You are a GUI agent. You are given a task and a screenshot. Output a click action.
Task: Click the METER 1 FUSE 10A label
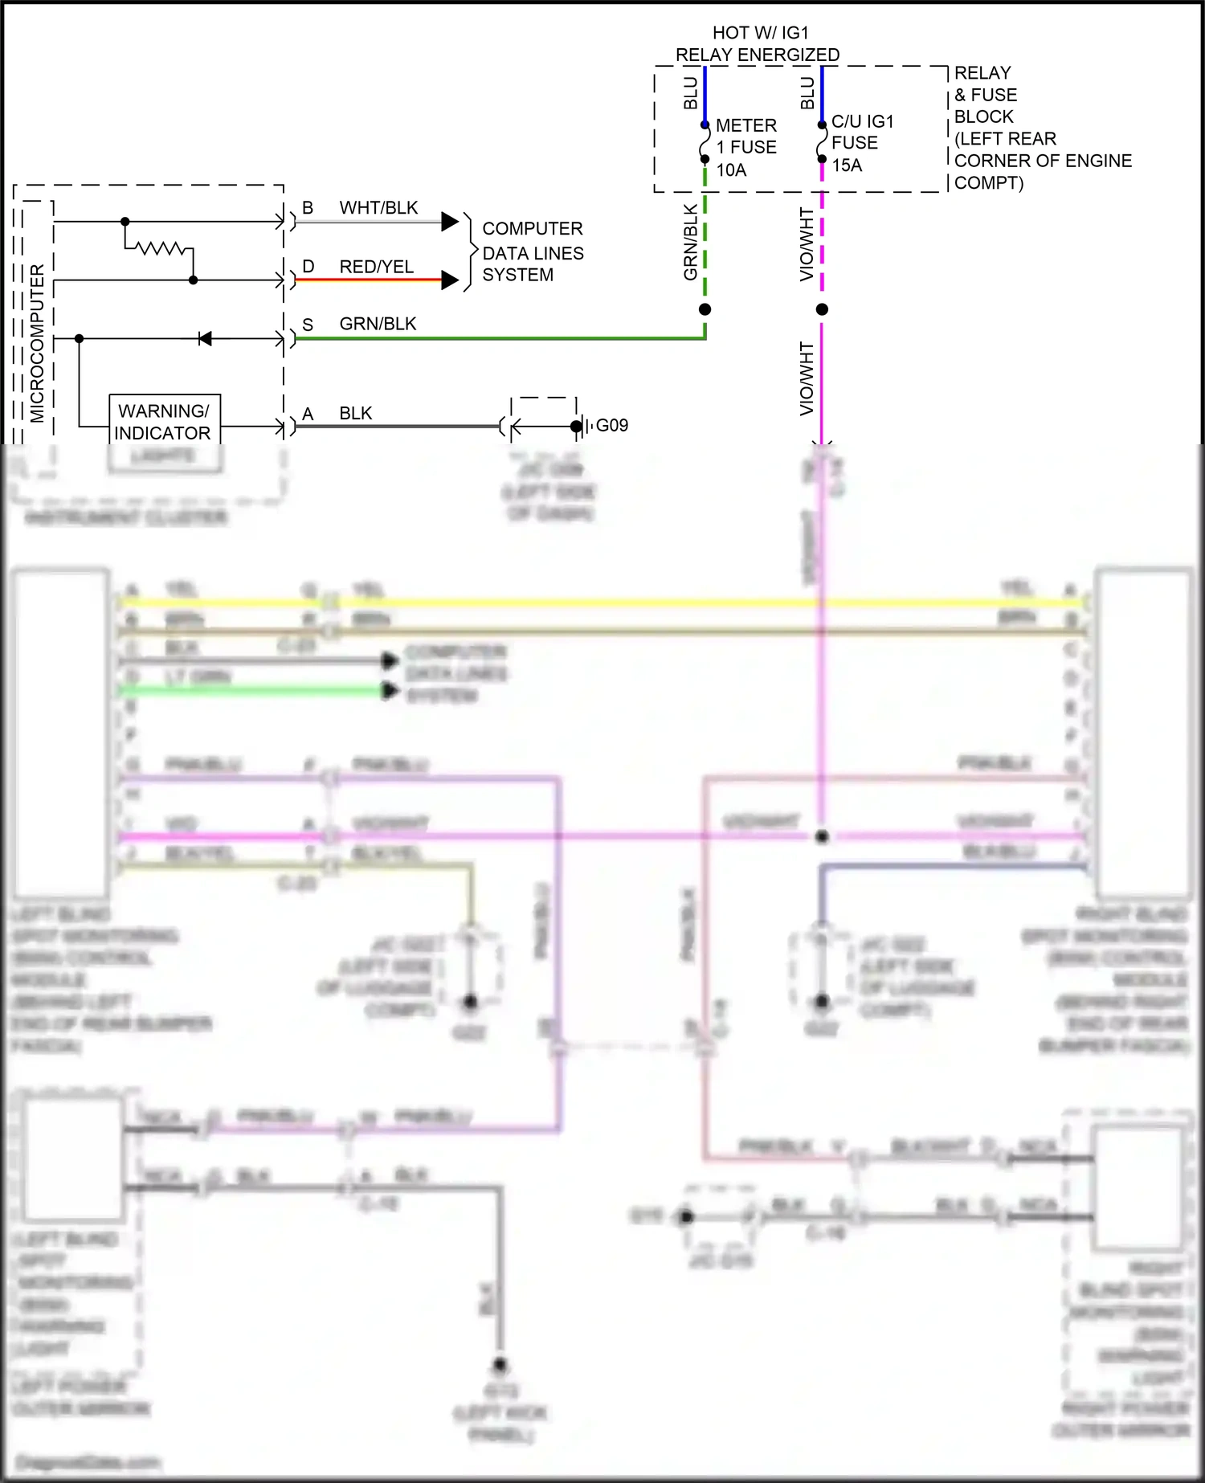(745, 148)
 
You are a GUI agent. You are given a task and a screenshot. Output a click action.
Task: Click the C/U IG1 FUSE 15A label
(860, 143)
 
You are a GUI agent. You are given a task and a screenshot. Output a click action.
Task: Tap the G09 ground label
(611, 425)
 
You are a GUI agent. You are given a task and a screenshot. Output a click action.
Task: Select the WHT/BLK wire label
(378, 208)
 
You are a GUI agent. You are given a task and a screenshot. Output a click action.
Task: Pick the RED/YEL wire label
(376, 267)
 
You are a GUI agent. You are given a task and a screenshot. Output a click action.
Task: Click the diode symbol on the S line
(205, 339)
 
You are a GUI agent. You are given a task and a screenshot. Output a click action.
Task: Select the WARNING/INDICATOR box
(164, 422)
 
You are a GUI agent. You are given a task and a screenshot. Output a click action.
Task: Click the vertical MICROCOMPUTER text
(37, 344)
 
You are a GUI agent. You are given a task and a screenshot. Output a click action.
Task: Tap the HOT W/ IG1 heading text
(760, 33)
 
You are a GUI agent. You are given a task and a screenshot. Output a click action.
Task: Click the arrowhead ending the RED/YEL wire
(450, 280)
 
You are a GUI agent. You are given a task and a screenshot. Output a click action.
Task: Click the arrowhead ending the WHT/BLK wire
(450, 222)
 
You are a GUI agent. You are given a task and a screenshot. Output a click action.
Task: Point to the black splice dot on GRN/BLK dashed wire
(705, 309)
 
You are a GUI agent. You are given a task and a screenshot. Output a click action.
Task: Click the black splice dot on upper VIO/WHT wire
(821, 309)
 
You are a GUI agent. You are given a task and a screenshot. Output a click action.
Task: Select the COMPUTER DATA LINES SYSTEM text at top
(531, 252)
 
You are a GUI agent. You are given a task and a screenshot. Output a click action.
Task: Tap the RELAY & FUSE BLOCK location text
(1041, 128)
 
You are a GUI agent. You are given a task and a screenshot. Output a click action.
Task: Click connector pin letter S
(308, 325)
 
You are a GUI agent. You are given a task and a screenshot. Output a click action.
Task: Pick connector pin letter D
(308, 267)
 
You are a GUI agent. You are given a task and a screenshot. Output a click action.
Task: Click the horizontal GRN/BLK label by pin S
(378, 324)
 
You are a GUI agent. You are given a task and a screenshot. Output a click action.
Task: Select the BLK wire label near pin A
(355, 414)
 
